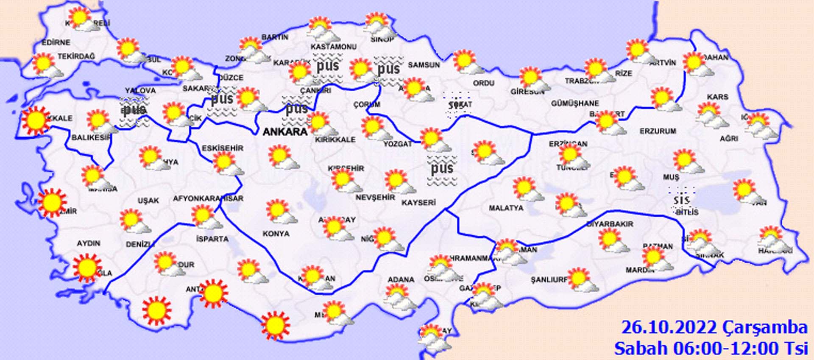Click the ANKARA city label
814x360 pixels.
tap(285, 132)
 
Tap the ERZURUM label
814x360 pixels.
tap(658, 131)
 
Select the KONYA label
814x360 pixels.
tap(276, 234)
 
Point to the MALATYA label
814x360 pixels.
tap(506, 208)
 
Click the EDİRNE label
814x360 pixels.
tap(56, 42)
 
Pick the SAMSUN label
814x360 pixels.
tap(424, 65)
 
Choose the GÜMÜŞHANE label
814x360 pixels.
tap(575, 103)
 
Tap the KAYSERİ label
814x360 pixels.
tap(418, 203)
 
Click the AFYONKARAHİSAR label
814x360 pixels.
tap(208, 198)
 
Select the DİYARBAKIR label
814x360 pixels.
tap(610, 223)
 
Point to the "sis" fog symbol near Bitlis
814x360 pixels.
tap(681, 200)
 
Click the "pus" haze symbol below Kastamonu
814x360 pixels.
tap(328, 66)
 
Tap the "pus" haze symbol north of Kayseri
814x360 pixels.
tap(442, 168)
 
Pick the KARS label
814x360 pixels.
tap(717, 97)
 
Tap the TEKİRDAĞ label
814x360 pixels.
tap(76, 56)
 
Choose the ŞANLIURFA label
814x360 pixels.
tap(549, 280)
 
